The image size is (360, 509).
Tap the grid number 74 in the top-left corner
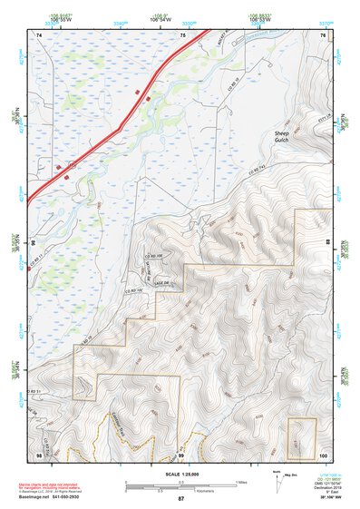click(39, 35)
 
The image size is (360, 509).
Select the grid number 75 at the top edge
click(182, 35)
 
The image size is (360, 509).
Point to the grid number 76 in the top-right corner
click(322, 35)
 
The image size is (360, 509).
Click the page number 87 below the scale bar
click(180, 499)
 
